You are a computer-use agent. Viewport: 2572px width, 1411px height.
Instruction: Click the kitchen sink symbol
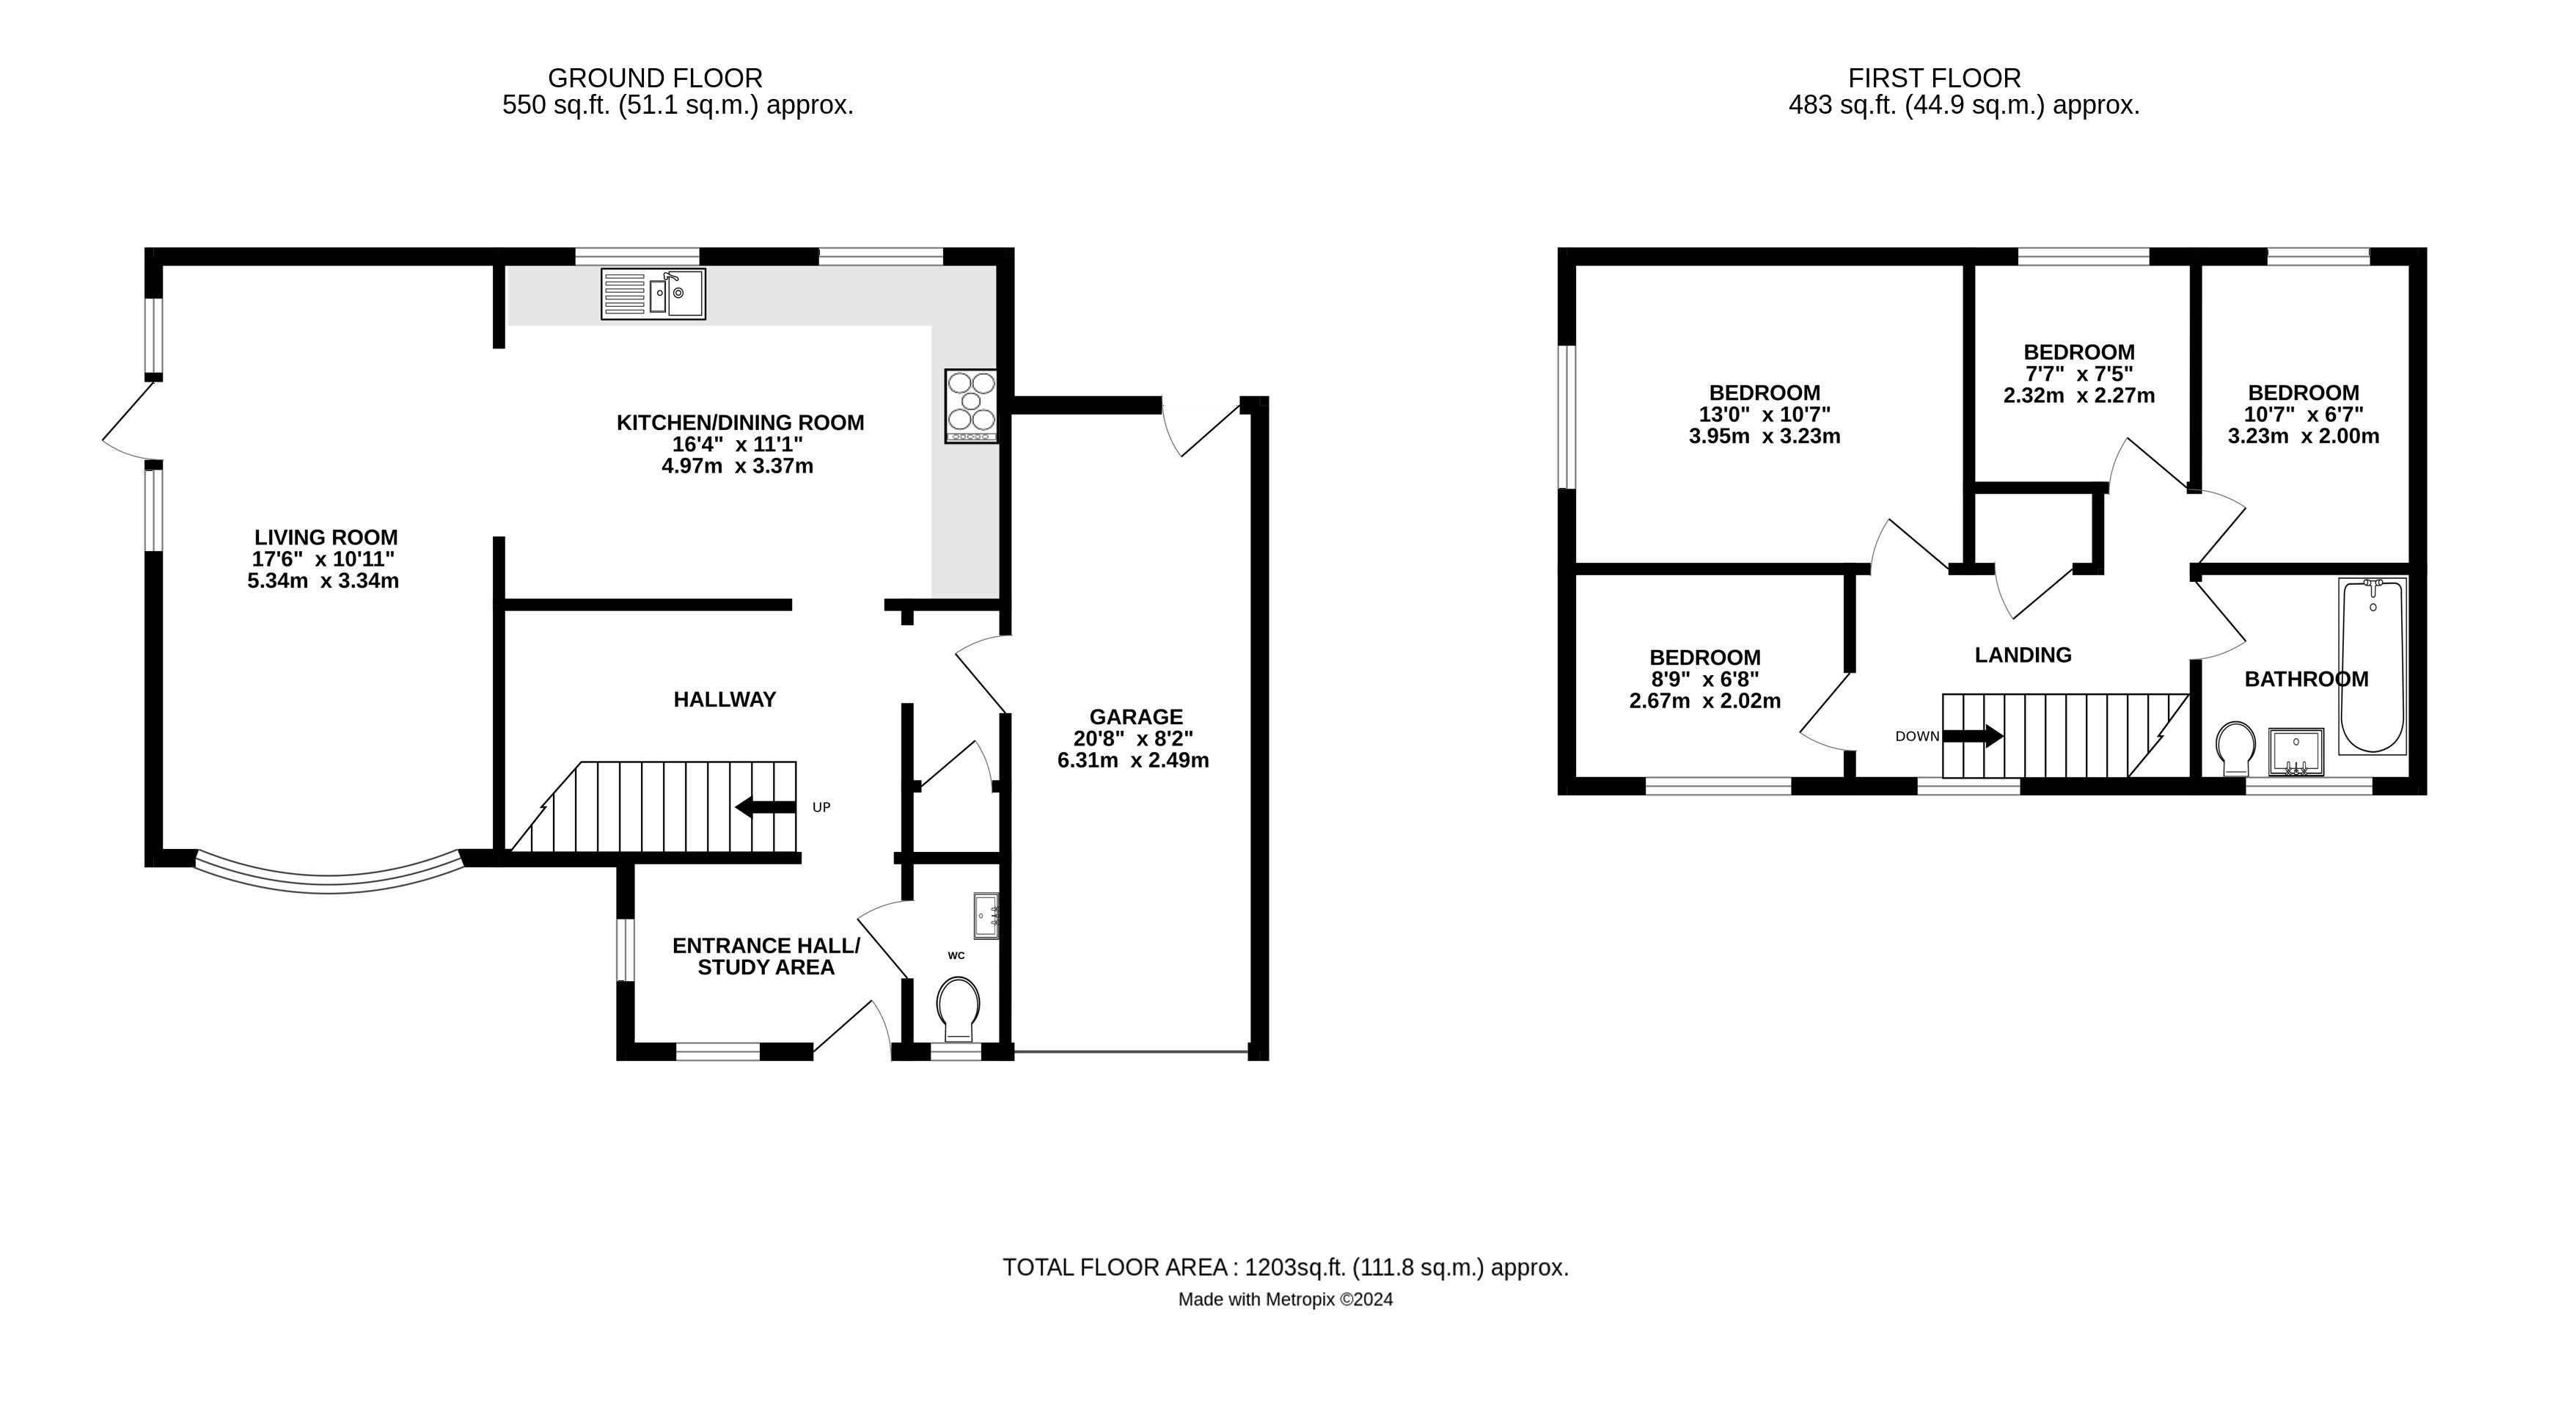tap(653, 293)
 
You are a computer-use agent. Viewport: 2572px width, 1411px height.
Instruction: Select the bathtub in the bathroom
tap(2373, 665)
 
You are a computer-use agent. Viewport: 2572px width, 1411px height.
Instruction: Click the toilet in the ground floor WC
tap(959, 1009)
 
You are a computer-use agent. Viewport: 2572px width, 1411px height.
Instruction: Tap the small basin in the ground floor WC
tap(986, 916)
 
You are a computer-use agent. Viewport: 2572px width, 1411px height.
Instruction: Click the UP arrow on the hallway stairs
tap(766, 807)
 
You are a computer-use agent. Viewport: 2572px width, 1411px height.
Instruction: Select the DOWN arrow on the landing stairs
tap(1973, 736)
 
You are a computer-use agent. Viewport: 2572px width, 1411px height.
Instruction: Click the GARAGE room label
tap(1135, 716)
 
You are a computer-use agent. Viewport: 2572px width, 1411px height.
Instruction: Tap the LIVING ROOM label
tap(326, 537)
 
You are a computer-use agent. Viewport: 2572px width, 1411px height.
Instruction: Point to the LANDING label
tap(2023, 655)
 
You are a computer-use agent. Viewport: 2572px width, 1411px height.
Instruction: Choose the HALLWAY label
tap(725, 700)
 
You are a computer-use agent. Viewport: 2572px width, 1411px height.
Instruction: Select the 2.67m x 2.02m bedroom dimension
tap(1704, 701)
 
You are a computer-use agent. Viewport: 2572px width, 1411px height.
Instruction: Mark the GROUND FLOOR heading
tap(655, 78)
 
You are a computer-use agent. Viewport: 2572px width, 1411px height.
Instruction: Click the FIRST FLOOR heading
tap(1934, 78)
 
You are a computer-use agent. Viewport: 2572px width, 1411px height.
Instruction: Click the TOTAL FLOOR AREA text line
tap(1286, 1267)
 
